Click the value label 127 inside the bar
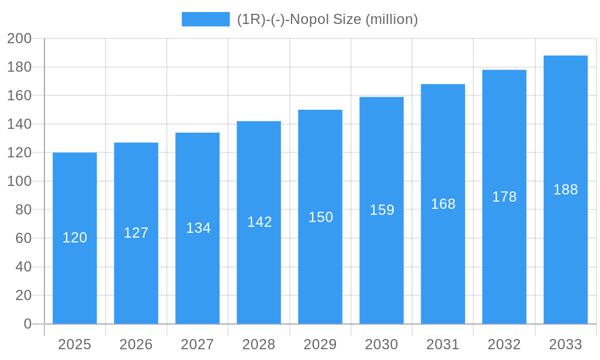[136, 233]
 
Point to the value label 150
[320, 217]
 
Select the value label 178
[504, 197]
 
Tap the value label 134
[198, 228]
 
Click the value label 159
[382, 210]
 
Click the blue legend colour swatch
[205, 19]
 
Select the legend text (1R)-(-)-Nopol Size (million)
[327, 19]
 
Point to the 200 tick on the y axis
[19, 39]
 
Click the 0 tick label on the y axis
[27, 324]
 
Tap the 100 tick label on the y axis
[19, 181]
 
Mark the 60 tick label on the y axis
[23, 238]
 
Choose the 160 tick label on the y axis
[19, 96]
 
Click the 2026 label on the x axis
[136, 344]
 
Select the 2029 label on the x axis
[320, 344]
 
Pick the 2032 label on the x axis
[504, 344]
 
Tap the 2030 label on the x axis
[382, 344]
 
